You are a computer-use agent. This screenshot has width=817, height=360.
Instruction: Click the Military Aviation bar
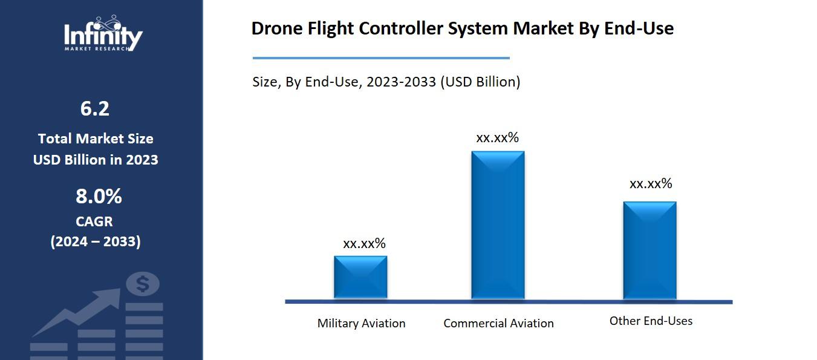coord(360,277)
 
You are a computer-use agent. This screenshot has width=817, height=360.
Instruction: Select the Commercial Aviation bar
coord(498,224)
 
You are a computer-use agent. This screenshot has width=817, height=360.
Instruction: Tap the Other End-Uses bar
coord(649,250)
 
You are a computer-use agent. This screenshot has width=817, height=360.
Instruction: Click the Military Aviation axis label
coord(361,323)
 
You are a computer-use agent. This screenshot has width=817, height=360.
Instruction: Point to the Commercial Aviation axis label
coord(498,323)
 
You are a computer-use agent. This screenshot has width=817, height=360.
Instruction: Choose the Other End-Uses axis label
coord(651,321)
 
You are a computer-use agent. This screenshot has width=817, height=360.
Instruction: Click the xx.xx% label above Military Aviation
coord(364,243)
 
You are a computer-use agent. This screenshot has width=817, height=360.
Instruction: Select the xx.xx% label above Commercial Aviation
coord(497,137)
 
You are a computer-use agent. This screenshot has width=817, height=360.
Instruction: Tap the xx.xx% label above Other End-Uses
coord(651,183)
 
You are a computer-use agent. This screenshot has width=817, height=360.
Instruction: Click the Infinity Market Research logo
coord(103,34)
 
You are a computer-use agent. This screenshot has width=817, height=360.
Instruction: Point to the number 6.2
coord(95,109)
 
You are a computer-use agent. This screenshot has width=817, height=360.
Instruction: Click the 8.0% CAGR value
coord(99,197)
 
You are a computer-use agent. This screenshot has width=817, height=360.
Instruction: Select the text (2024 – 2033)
coord(96,241)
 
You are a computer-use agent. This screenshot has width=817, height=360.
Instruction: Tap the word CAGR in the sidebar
coord(94,221)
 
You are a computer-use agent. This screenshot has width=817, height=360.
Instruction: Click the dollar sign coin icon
coord(143,284)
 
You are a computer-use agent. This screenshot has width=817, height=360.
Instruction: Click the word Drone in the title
coord(274,28)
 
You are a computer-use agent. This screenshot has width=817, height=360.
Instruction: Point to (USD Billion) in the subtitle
coord(480,82)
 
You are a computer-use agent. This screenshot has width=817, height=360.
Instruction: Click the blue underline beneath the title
coord(381,58)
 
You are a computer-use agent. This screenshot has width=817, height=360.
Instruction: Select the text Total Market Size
coord(96,139)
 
